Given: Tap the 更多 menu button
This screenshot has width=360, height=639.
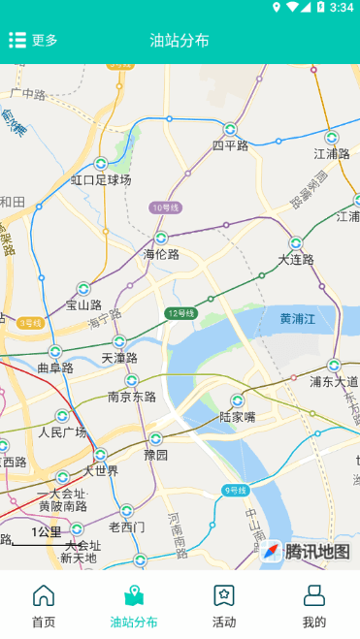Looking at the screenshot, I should (34, 40).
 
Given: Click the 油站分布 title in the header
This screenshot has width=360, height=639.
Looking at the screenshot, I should (180, 40).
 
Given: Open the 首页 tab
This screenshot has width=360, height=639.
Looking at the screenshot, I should (44, 607).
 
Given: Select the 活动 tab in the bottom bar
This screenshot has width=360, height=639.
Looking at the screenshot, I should (224, 607).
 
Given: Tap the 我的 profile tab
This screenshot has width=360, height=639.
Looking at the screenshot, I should (313, 607).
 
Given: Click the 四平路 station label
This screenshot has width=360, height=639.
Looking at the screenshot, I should (230, 145).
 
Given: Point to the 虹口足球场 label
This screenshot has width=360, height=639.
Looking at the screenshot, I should (101, 180).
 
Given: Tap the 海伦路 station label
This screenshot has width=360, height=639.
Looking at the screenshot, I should (161, 254).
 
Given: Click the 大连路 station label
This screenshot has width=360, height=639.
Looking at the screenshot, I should (296, 259).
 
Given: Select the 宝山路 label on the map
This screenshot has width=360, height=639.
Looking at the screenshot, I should (83, 304).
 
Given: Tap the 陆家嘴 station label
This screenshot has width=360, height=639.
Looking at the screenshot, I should (237, 417).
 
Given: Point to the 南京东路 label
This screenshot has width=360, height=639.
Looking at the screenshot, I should (132, 396).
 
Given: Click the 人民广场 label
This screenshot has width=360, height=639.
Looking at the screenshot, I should (62, 431).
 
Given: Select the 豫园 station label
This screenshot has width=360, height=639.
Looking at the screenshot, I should (155, 454).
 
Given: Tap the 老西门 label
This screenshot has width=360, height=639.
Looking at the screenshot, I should (126, 527).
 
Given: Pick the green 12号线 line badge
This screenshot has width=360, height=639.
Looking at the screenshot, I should (180, 312).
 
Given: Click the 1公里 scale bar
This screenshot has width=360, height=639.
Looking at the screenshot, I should (45, 534).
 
